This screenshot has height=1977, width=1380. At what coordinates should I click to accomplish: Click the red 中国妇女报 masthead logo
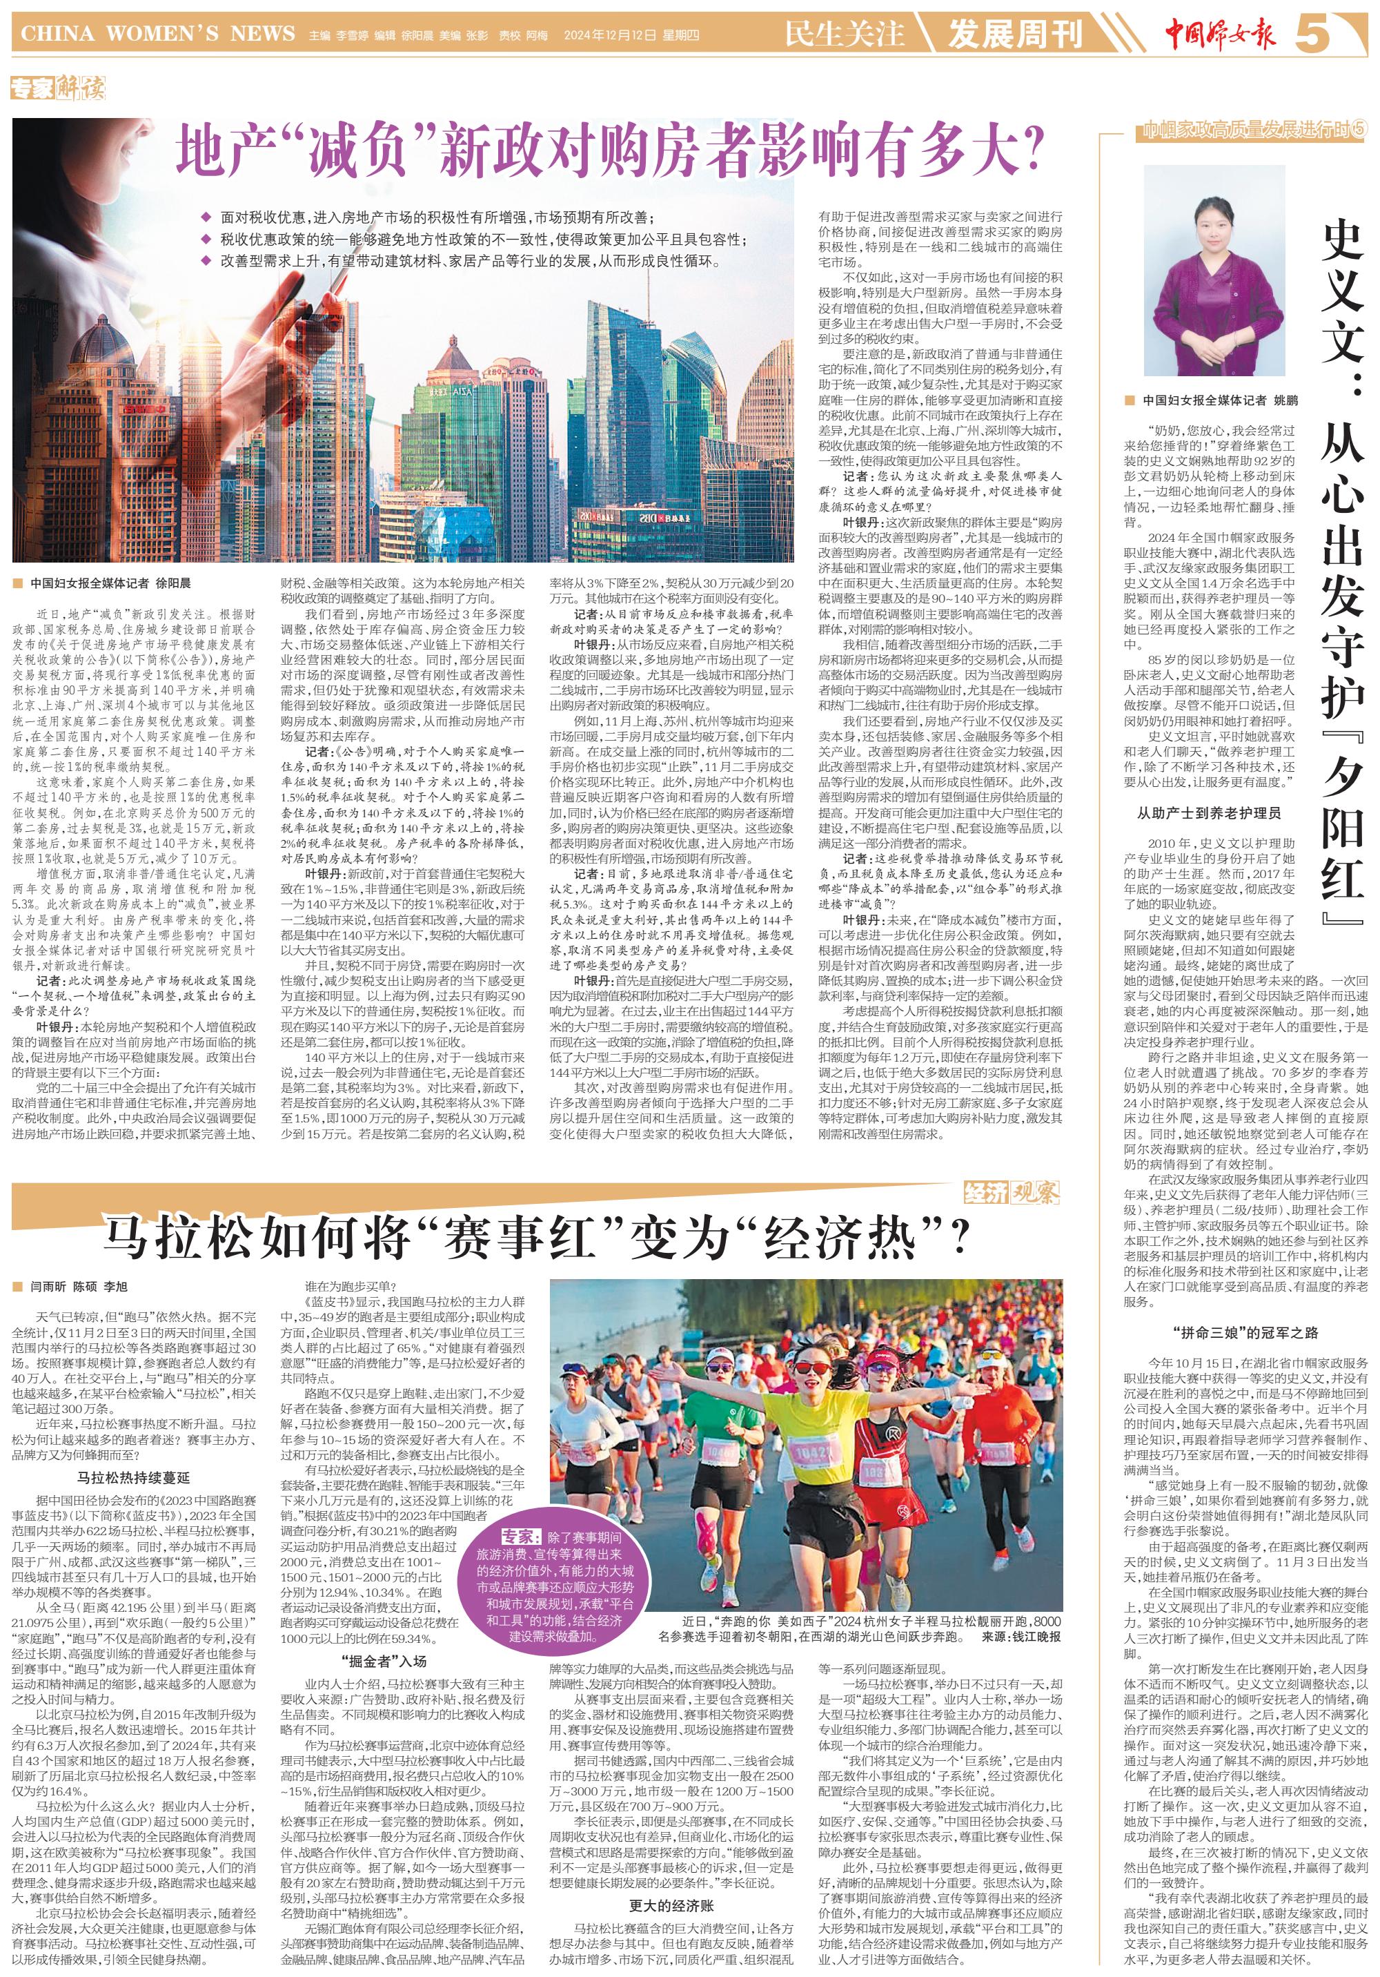point(1220,35)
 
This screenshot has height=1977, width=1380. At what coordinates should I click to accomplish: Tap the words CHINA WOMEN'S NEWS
point(157,35)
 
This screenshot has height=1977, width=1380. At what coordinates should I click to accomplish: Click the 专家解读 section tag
point(58,88)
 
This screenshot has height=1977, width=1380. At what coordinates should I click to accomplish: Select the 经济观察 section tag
point(1011,1193)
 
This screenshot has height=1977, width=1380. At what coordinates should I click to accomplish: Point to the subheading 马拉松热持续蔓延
point(133,1478)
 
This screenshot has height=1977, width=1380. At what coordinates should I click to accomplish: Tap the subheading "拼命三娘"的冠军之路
point(1244,1332)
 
